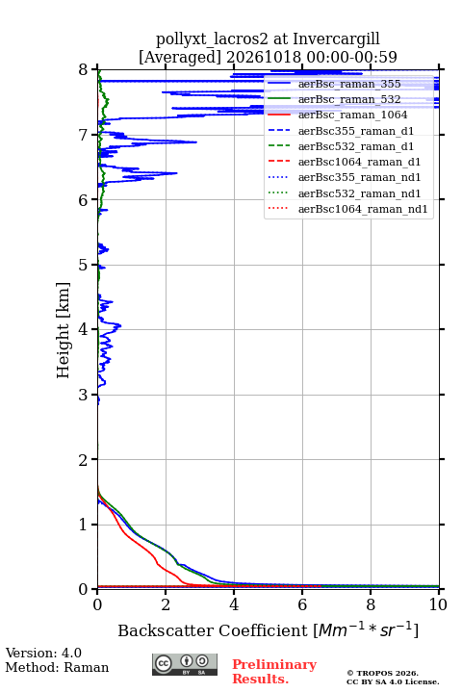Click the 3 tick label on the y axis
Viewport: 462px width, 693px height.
pyautogui.click(x=83, y=395)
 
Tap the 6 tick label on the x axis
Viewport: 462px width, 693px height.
pyautogui.click(x=302, y=604)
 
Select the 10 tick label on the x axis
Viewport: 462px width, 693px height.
pyautogui.click(x=438, y=604)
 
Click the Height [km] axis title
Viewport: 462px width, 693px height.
pyautogui.click(x=64, y=330)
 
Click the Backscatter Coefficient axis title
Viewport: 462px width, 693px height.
pyautogui.click(x=268, y=629)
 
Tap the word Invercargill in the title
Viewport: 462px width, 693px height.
pyautogui.click(x=337, y=38)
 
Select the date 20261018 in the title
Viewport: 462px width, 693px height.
pyautogui.click(x=264, y=57)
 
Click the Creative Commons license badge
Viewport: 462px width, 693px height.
pyautogui.click(x=185, y=664)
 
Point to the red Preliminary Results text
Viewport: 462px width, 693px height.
pyautogui.click(x=274, y=672)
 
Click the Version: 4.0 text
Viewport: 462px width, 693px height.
pyautogui.click(x=43, y=653)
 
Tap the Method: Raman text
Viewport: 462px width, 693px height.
pyautogui.click(x=57, y=667)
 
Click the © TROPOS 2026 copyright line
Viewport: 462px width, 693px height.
pyautogui.click(x=383, y=673)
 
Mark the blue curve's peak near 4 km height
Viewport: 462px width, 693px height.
pyautogui.click(x=120, y=326)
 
